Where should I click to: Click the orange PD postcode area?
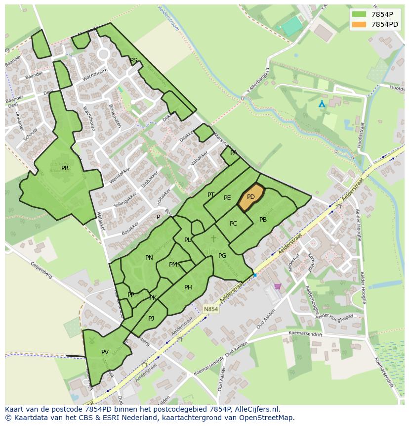(x=251, y=197)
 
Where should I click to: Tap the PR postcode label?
(x=65, y=168)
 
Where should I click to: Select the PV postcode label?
(x=105, y=352)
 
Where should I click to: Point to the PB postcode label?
(x=263, y=220)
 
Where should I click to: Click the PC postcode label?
(x=233, y=224)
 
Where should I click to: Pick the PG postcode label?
(x=222, y=256)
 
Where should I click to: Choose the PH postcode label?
(x=188, y=287)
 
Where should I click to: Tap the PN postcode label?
(x=149, y=258)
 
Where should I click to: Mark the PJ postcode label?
(x=151, y=319)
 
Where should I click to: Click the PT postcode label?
(x=211, y=195)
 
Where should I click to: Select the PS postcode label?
(x=133, y=60)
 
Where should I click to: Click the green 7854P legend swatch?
(x=359, y=14)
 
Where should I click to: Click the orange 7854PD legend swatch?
(x=359, y=24)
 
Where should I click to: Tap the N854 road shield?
(x=210, y=309)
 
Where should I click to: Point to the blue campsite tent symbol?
(x=322, y=104)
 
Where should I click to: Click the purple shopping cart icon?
(x=278, y=286)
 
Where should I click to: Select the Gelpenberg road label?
(x=41, y=272)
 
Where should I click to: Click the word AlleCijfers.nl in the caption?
(x=256, y=409)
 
